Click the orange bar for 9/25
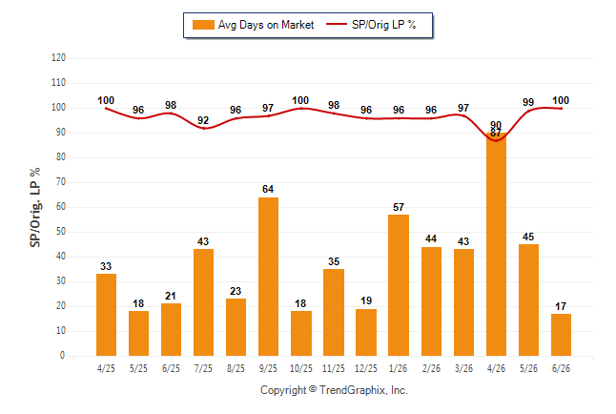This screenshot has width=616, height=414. tap(268, 277)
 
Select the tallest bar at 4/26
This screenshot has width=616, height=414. tap(496, 244)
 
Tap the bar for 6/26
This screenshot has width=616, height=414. tap(561, 335)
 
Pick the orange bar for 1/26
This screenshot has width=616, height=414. tap(399, 285)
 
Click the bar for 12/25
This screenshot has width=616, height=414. tap(366, 332)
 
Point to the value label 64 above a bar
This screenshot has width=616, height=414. tap(268, 189)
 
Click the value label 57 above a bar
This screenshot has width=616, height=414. tap(399, 207)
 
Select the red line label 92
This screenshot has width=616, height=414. tap(203, 120)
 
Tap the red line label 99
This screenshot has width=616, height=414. tap(528, 102)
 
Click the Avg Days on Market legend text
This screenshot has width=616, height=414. tap(266, 25)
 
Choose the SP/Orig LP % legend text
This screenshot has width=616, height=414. tap(384, 25)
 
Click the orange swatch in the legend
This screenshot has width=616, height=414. tap(203, 25)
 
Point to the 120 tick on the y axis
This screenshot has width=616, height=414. tap(58, 58)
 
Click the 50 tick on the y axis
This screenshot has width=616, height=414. tap(60, 232)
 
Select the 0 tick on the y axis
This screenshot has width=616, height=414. tap(63, 356)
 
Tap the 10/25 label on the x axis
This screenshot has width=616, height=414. tap(301, 368)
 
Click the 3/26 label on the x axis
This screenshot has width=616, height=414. tap(463, 368)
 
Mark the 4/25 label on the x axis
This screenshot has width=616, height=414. tap(106, 368)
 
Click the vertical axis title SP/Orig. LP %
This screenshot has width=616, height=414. tap(35, 207)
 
